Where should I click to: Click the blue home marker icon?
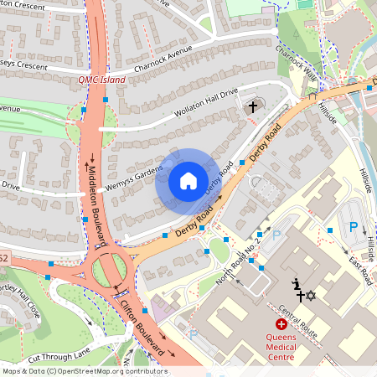coord(188,181)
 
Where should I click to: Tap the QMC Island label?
coord(101,80)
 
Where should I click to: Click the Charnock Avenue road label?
coord(163,60)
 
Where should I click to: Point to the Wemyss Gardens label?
coord(137,172)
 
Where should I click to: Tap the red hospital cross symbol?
coord(281,323)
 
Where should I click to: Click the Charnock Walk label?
coord(298,64)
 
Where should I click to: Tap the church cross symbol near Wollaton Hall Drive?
coord(252,106)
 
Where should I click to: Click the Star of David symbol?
coord(310,296)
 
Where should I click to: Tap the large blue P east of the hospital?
coord(354,226)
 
